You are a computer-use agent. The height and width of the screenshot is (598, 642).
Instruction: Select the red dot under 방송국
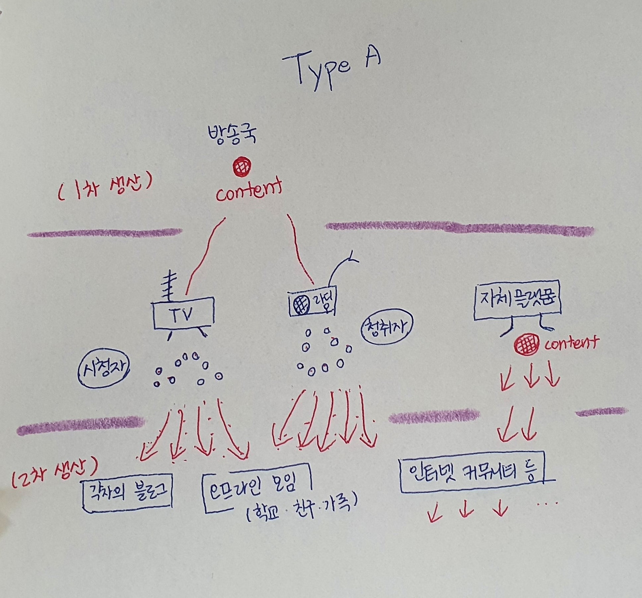coord(242,166)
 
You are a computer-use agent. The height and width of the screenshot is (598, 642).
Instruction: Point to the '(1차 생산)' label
coord(104,190)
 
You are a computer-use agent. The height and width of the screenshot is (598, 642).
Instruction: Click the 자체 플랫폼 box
coord(517,300)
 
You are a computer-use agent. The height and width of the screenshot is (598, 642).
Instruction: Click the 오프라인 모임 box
coord(257,486)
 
